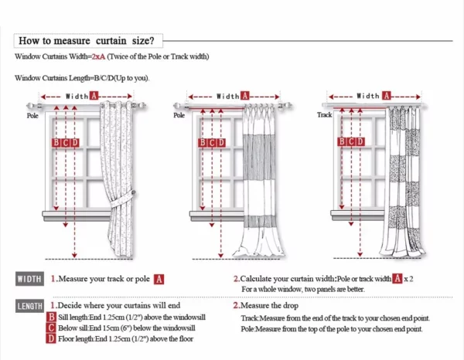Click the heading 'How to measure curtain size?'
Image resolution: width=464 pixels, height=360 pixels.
[x=86, y=40]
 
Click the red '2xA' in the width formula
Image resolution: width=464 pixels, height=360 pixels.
[x=97, y=57]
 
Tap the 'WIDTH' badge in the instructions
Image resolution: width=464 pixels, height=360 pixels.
[x=29, y=279]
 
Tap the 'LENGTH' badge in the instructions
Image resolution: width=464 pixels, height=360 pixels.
[x=30, y=307]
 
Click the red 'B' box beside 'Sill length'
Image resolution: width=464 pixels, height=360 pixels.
[x=51, y=317]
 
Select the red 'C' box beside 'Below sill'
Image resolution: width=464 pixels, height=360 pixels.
[x=51, y=328]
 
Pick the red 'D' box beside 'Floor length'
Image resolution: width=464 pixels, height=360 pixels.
[x=51, y=338]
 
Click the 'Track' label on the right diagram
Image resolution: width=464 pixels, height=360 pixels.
[x=325, y=114]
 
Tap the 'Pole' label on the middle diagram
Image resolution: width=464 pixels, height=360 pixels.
[x=179, y=114]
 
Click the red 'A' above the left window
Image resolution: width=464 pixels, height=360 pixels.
[x=94, y=96]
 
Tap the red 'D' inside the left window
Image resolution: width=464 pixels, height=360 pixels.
[x=75, y=142]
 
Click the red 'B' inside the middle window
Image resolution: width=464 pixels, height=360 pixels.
[x=203, y=142]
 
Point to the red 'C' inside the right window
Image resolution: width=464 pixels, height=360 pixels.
[x=352, y=141]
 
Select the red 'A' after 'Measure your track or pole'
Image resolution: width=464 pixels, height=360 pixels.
[x=158, y=279]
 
